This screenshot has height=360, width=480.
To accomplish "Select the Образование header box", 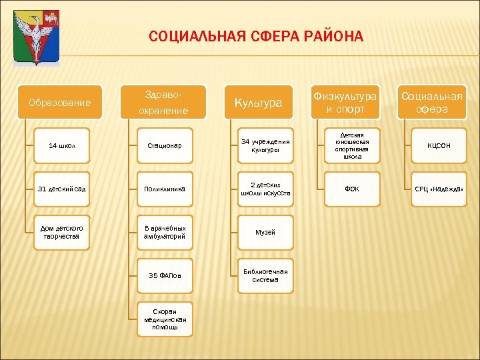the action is pos(60,103).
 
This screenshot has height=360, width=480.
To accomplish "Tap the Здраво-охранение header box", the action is pos(164,103).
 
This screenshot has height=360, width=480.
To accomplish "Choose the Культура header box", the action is pos(258,103).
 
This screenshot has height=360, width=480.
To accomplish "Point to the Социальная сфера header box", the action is pos(431,103).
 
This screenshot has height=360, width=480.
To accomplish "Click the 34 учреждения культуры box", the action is pos(265,145).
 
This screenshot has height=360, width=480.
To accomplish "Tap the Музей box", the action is pos(265,232).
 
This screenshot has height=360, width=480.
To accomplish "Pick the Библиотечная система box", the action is pos(265,275).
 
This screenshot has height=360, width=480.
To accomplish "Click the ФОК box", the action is pos(352,189).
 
